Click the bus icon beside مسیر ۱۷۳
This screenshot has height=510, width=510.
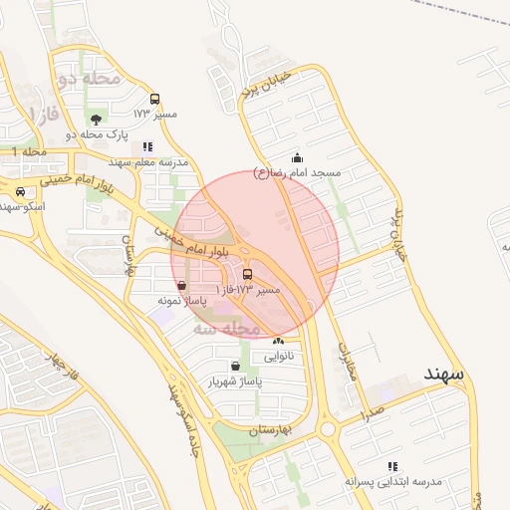[154, 99]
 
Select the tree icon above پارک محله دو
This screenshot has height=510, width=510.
[96, 120]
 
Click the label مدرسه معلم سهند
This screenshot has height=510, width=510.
[148, 161]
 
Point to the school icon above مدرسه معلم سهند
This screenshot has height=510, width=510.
[147, 146]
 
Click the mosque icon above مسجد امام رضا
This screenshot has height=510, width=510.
[297, 157]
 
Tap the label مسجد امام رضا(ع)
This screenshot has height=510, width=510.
[298, 172]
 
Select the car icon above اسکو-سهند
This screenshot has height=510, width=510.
[20, 191]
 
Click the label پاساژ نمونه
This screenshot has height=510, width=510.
[180, 299]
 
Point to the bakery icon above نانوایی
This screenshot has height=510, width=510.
[278, 342]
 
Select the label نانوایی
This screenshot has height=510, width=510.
[278, 356]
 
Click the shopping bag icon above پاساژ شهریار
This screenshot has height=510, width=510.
[234, 367]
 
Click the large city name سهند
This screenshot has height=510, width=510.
[443, 374]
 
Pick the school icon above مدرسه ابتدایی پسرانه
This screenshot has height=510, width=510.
[392, 466]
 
